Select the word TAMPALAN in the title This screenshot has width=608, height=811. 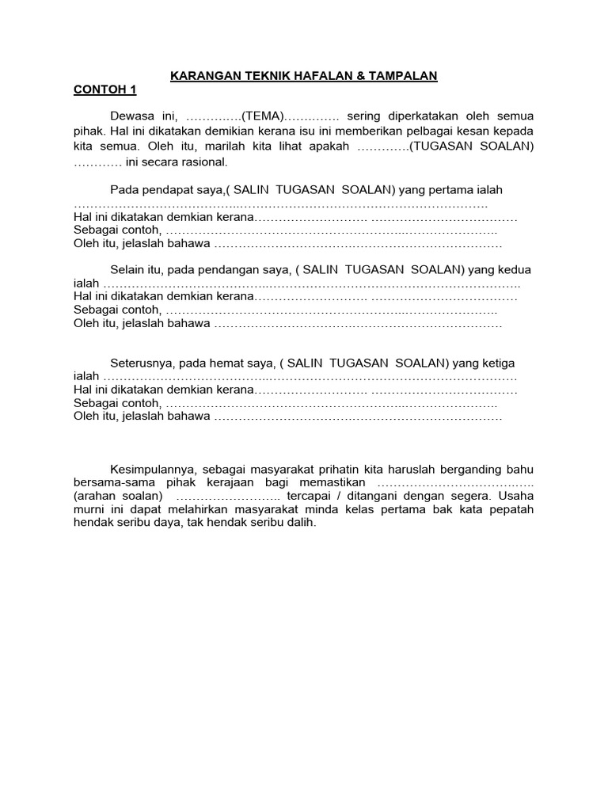pos(404,76)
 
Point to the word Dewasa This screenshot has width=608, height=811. pos(131,116)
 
